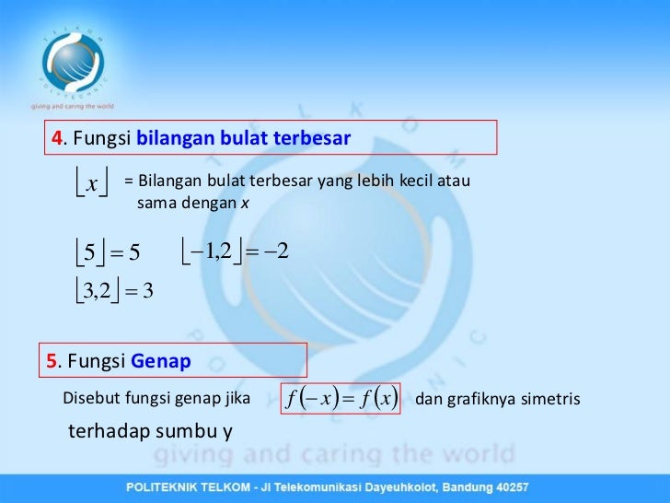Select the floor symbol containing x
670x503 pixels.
click(91, 184)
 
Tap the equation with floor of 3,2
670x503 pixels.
click(114, 292)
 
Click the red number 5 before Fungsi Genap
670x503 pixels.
click(52, 361)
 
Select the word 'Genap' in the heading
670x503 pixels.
click(160, 361)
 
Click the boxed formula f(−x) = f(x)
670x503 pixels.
click(341, 399)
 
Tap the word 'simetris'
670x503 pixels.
click(549, 399)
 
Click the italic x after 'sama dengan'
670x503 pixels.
click(245, 201)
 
